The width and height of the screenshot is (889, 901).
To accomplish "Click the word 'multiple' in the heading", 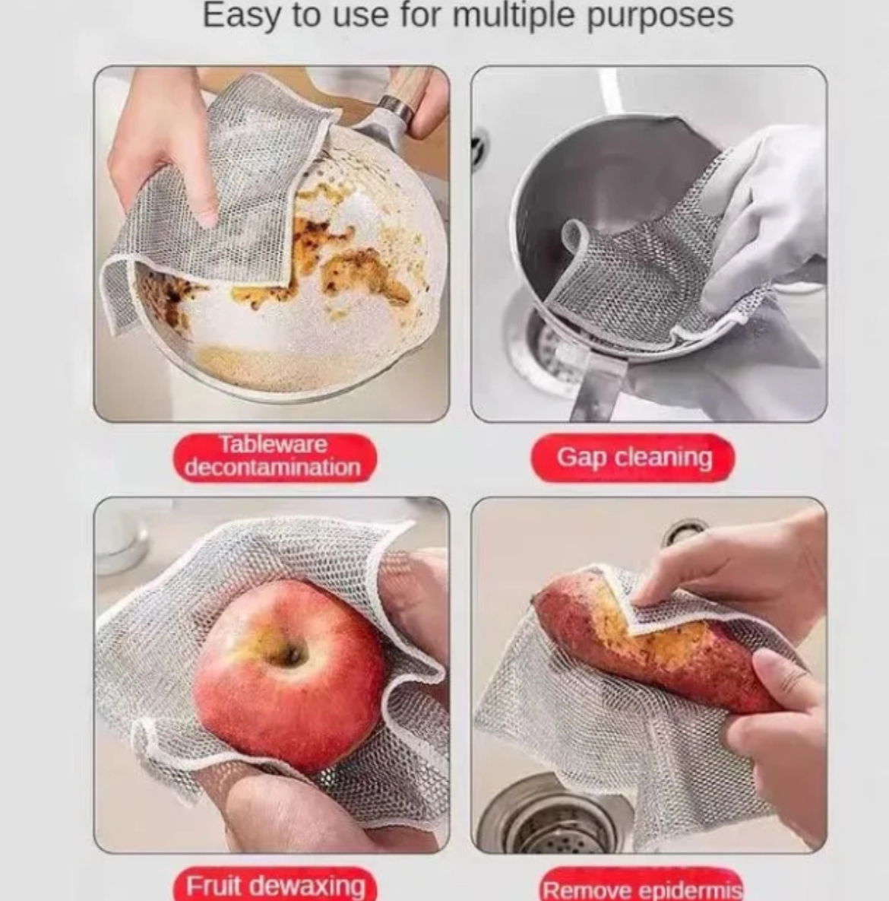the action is (513, 15).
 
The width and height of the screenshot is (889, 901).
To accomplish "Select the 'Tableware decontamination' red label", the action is (274, 457).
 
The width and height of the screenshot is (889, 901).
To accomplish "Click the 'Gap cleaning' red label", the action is (633, 458).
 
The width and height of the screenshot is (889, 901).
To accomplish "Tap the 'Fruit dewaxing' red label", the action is (276, 884).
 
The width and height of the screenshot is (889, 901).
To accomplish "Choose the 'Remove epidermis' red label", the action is (641, 886).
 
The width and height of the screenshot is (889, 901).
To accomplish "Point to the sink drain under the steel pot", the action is (546, 351).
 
